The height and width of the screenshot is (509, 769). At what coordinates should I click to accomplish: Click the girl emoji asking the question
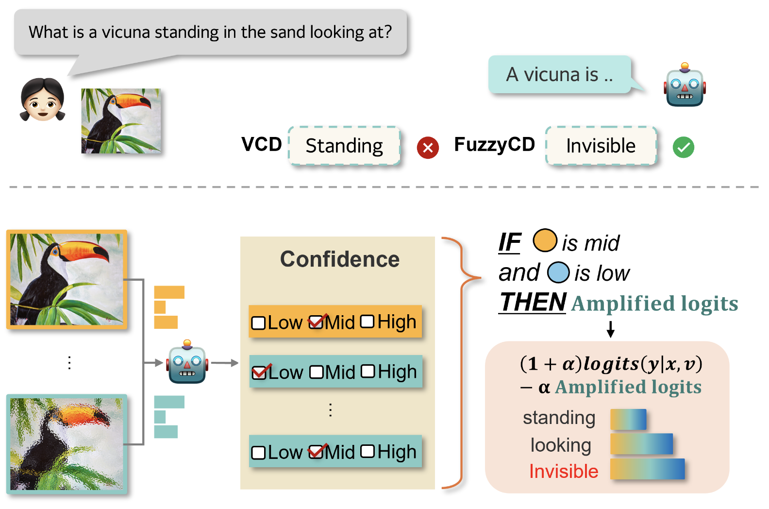click(x=43, y=100)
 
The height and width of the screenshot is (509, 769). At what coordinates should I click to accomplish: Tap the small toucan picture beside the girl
click(x=121, y=121)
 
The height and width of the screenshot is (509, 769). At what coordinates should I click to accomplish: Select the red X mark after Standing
click(x=428, y=147)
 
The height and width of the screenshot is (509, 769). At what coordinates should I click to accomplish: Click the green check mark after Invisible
click(x=683, y=147)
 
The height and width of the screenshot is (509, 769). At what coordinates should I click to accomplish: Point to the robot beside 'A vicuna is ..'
click(x=685, y=85)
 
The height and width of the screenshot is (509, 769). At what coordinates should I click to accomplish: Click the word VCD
click(x=262, y=144)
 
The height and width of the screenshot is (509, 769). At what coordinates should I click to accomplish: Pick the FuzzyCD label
click(x=494, y=144)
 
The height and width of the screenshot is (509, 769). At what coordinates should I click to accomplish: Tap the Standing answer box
click(x=344, y=146)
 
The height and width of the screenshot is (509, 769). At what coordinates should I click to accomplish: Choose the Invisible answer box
click(x=601, y=146)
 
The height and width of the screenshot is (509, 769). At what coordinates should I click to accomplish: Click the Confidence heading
click(x=340, y=259)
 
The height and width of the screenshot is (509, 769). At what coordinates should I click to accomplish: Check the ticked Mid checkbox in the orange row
click(x=317, y=322)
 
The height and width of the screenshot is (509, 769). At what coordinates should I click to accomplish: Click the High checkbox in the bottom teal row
click(x=368, y=452)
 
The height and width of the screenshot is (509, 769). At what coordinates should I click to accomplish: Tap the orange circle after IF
click(x=545, y=240)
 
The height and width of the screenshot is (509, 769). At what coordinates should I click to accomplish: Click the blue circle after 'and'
click(x=558, y=272)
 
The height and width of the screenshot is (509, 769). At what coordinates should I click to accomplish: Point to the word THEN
click(x=533, y=302)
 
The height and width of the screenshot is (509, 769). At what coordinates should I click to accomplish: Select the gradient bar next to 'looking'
click(x=641, y=444)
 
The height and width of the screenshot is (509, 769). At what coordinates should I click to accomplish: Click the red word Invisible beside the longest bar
click(x=564, y=471)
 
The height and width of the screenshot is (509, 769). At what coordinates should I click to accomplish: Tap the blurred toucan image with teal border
click(x=67, y=444)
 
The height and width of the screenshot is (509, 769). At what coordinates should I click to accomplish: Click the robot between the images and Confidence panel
click(x=187, y=363)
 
